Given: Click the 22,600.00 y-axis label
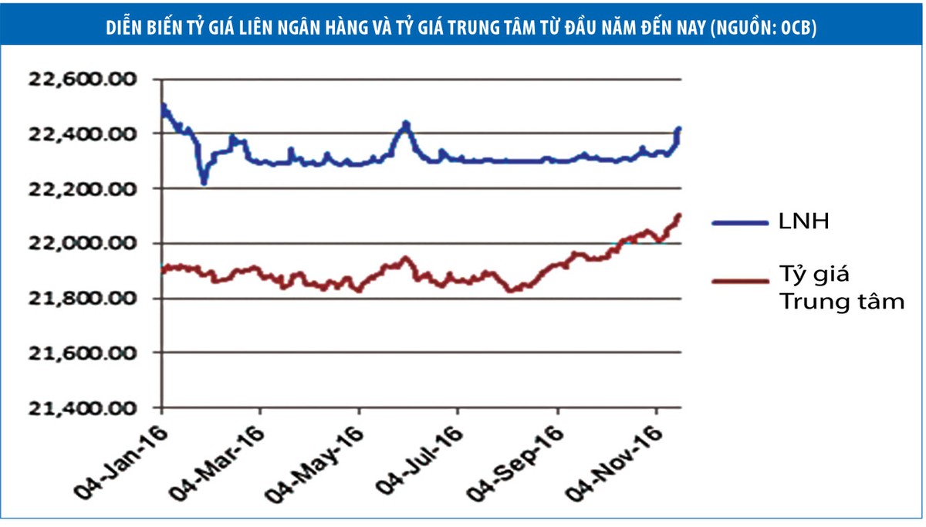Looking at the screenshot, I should (x=82, y=79).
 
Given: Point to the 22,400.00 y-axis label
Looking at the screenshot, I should (x=82, y=134).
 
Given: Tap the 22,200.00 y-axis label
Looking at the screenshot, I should (x=82, y=189).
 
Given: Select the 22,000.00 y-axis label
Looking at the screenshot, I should (x=82, y=244).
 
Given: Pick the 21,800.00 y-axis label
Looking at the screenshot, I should (x=82, y=299).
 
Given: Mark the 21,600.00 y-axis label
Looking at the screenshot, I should (x=82, y=353).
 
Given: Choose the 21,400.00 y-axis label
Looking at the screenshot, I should (x=82, y=408).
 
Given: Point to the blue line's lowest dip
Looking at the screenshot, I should (x=204, y=182).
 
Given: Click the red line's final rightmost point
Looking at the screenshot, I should (x=679, y=215).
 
